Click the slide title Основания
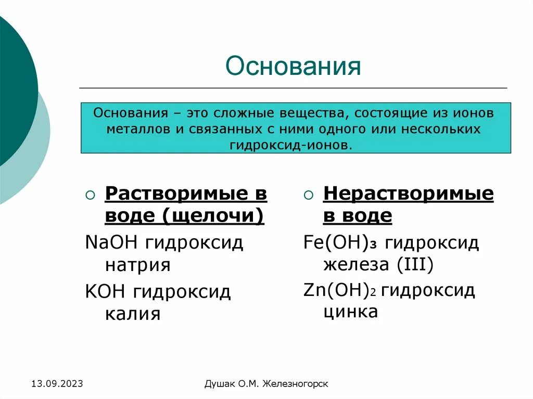(293, 67)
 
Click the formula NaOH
(112, 243)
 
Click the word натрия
(137, 265)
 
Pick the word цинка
(350, 312)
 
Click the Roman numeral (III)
(414, 265)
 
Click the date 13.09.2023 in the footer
(57, 384)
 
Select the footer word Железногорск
(296, 384)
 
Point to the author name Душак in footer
(220, 384)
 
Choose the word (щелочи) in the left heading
(213, 215)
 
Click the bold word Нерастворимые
(408, 194)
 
